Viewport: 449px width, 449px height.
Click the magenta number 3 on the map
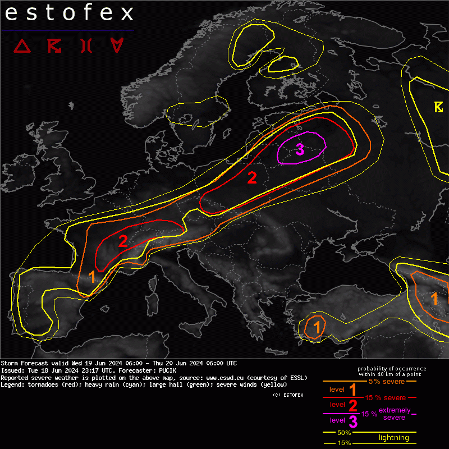[x=300, y=149]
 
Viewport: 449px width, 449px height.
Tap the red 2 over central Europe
[x=252, y=178]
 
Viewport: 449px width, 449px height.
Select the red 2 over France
[x=122, y=241]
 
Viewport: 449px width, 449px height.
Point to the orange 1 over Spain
[x=93, y=277]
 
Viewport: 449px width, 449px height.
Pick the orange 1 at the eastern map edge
[x=434, y=298]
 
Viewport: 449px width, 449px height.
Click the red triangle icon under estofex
[x=22, y=45]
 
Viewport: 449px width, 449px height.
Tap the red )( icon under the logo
[x=85, y=45]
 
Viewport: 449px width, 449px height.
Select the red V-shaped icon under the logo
[x=117, y=45]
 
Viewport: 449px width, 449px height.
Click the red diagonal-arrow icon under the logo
[x=54, y=45]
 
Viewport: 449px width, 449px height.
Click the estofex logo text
[x=69, y=13]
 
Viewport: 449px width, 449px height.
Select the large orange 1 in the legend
[x=354, y=390]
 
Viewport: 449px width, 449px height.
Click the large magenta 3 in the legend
[x=353, y=421]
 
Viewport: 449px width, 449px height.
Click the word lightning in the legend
[x=393, y=438]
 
